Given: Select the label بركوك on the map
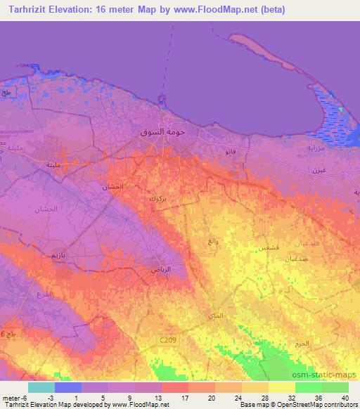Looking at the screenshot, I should click(x=157, y=199).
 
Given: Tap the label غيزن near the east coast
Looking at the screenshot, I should click(x=319, y=171).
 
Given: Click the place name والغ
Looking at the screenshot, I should click(x=212, y=242).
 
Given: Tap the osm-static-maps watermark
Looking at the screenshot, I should click(x=326, y=373).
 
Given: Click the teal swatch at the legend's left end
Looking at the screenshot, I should click(x=41, y=387).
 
